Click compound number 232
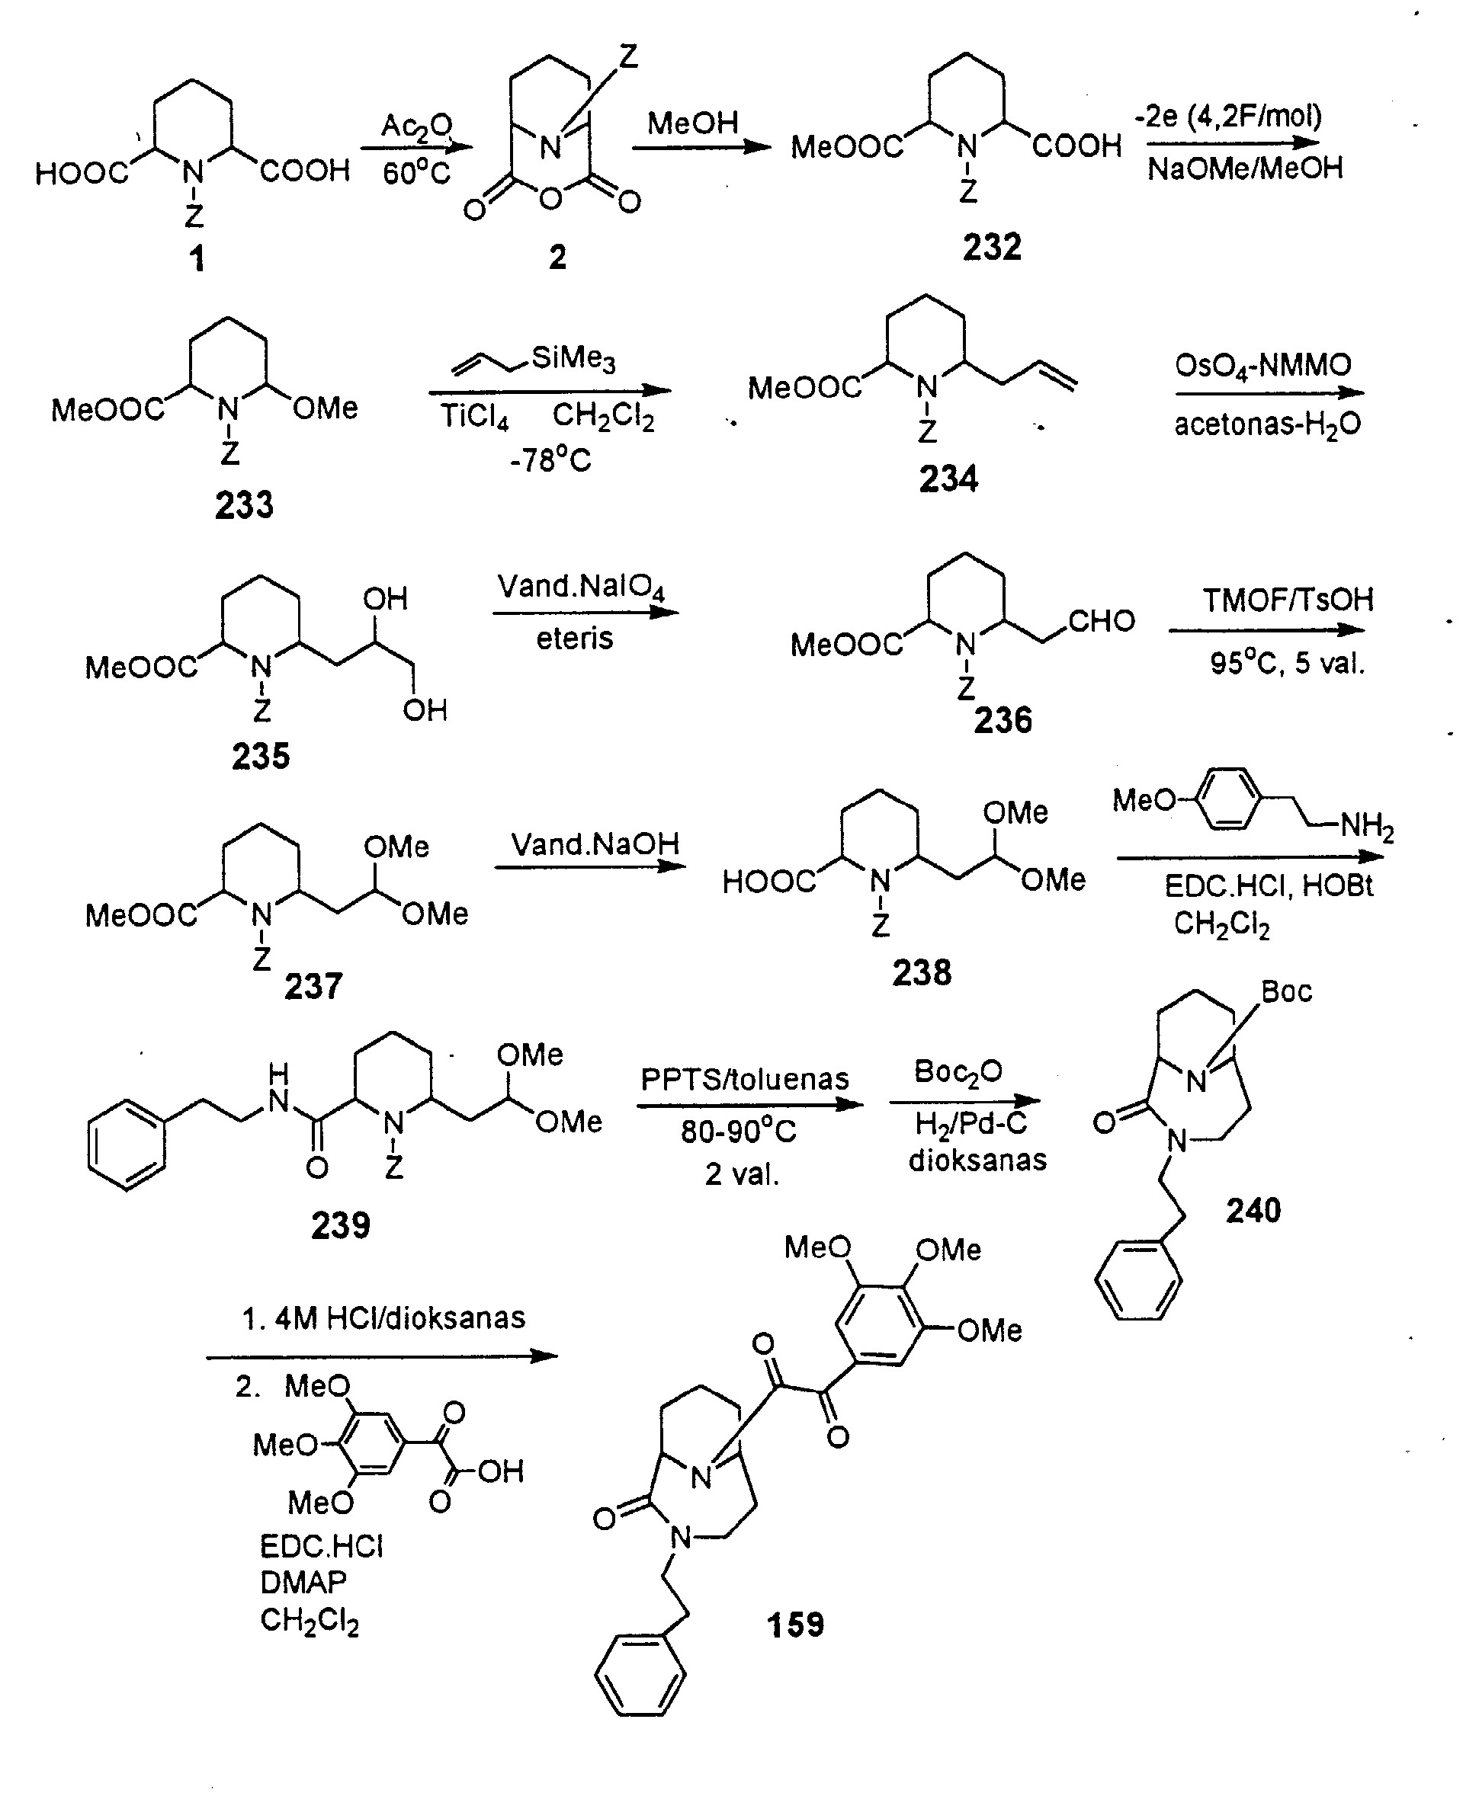[x=992, y=247]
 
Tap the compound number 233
[x=245, y=505]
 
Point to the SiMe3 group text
[x=573, y=357]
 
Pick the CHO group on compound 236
[x=1102, y=621]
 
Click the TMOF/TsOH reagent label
[x=1288, y=600]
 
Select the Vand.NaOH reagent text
[x=595, y=844]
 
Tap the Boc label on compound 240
[x=1286, y=991]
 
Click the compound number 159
[x=796, y=1625]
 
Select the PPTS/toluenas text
[x=745, y=1079]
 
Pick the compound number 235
[x=261, y=756]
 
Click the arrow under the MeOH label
[x=701, y=147]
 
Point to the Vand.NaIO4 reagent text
[x=581, y=587]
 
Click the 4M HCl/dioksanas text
[x=383, y=1318]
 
